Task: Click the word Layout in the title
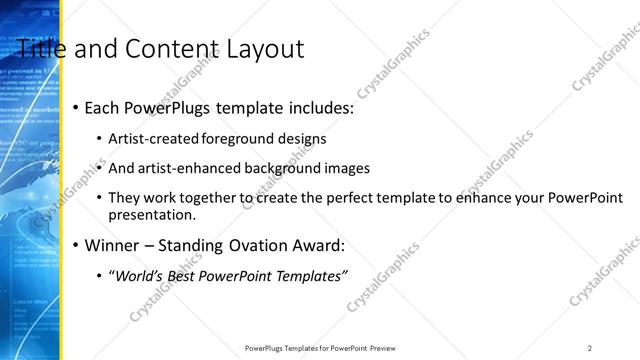[262, 48]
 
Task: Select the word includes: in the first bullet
[317, 107]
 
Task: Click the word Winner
[114, 244]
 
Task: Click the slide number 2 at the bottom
[590, 347]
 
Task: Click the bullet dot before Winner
[75, 245]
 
